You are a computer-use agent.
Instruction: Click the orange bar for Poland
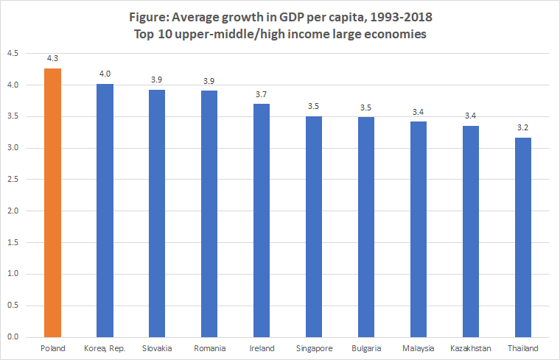[x=52, y=202]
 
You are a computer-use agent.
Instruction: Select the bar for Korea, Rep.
[x=105, y=211]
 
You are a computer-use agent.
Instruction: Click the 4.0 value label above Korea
[x=105, y=74]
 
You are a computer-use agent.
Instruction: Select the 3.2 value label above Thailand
[x=522, y=127]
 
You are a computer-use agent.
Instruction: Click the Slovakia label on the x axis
[x=157, y=348]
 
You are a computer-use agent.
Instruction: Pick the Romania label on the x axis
[x=209, y=348]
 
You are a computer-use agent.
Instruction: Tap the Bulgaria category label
[x=365, y=348]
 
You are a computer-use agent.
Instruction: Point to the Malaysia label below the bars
[x=418, y=348]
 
